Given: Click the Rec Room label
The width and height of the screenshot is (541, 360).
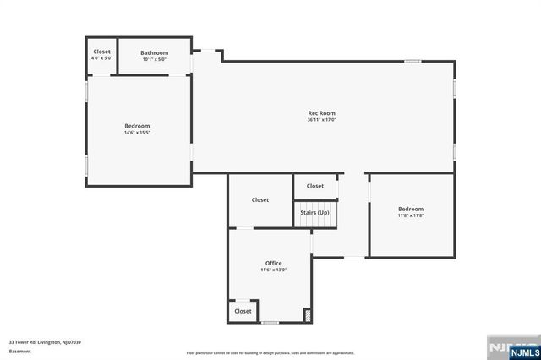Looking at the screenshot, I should pos(321,113).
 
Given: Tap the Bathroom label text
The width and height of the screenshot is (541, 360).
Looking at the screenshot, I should pos(154,52).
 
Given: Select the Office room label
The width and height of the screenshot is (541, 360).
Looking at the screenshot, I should pos(273,263).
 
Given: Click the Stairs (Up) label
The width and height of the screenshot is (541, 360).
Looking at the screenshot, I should pos(314,212).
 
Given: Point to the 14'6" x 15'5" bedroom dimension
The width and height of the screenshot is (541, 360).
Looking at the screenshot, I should pos(137,133).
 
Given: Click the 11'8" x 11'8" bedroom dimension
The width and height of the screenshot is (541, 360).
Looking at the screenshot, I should pos(411,215).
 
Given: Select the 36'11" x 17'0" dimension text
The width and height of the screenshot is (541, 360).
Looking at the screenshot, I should pos(321,120).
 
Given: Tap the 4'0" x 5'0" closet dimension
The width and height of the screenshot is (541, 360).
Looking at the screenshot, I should pos(101,58).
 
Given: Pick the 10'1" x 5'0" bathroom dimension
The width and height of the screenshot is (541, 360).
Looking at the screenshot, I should pos(154,59).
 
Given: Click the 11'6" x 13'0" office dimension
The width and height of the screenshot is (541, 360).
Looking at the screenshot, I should pos(273,270).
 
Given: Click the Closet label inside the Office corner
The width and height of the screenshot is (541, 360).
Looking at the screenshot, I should pos(243,311).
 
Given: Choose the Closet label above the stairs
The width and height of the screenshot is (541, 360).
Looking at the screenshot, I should pos(314,186).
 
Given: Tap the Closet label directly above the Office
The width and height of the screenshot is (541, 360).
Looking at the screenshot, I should pos(260,199).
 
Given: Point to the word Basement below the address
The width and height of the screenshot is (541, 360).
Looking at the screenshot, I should pos(19,351).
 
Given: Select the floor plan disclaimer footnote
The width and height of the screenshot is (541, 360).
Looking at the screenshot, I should pos(270,352).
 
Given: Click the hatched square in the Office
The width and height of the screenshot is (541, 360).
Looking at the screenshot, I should pos(308,316).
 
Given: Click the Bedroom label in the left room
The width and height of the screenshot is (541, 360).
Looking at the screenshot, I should pos(137,126).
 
